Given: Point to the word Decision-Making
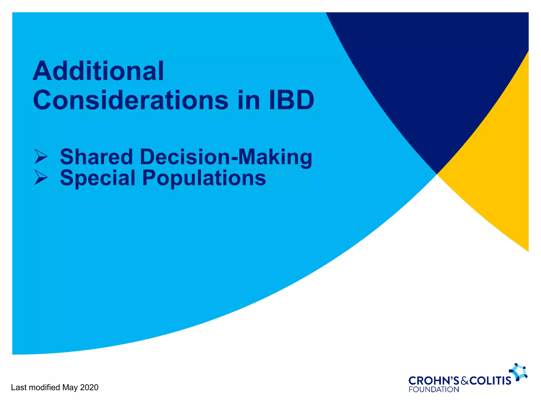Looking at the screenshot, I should click(226, 157).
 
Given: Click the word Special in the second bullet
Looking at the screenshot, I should click(98, 178).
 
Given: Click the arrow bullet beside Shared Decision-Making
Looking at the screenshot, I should click(41, 156).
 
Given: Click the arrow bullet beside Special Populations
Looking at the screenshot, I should click(41, 177).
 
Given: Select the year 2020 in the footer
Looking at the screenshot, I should click(89, 387).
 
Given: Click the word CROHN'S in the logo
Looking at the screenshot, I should click(434, 381).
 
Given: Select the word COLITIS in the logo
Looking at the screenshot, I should click(490, 381).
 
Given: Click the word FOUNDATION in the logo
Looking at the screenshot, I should click(434, 390).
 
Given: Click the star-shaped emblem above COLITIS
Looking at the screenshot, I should click(518, 372).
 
